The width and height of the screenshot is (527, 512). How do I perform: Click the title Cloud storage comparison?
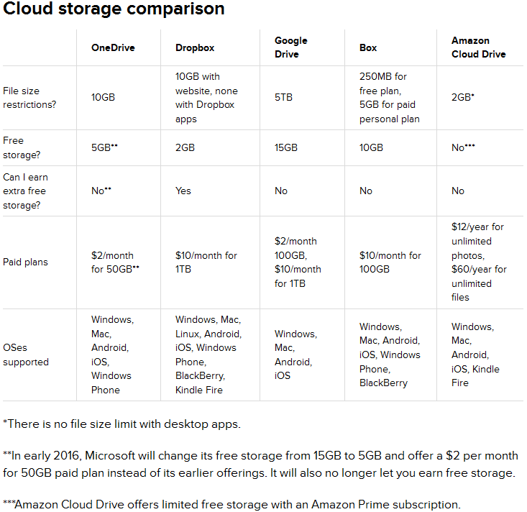[114, 9]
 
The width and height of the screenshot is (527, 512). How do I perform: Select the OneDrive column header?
[113, 47]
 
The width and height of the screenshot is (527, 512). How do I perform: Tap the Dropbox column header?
[195, 47]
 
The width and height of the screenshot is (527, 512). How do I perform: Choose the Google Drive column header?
[290, 47]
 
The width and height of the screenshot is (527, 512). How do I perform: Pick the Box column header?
[368, 47]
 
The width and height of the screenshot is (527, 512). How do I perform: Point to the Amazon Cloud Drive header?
[479, 47]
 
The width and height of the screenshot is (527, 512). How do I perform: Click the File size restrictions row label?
[29, 98]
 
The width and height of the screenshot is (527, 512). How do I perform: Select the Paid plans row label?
[26, 262]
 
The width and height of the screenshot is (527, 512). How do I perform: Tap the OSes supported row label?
[26, 355]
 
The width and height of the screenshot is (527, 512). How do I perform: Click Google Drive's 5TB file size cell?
[283, 98]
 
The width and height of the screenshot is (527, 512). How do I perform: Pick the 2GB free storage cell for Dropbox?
[185, 147]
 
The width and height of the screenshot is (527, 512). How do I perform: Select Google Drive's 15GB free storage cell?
[286, 147]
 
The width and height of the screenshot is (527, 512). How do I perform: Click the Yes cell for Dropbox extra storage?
[183, 191]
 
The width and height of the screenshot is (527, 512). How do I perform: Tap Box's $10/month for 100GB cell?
[390, 262]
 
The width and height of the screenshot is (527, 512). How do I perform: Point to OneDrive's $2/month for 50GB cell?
[115, 262]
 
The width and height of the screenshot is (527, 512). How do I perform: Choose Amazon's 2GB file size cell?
[463, 98]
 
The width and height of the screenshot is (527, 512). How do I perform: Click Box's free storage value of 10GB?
[371, 147]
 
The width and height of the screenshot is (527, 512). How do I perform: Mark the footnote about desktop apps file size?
[122, 424]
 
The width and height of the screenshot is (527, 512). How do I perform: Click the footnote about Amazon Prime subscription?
[232, 505]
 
